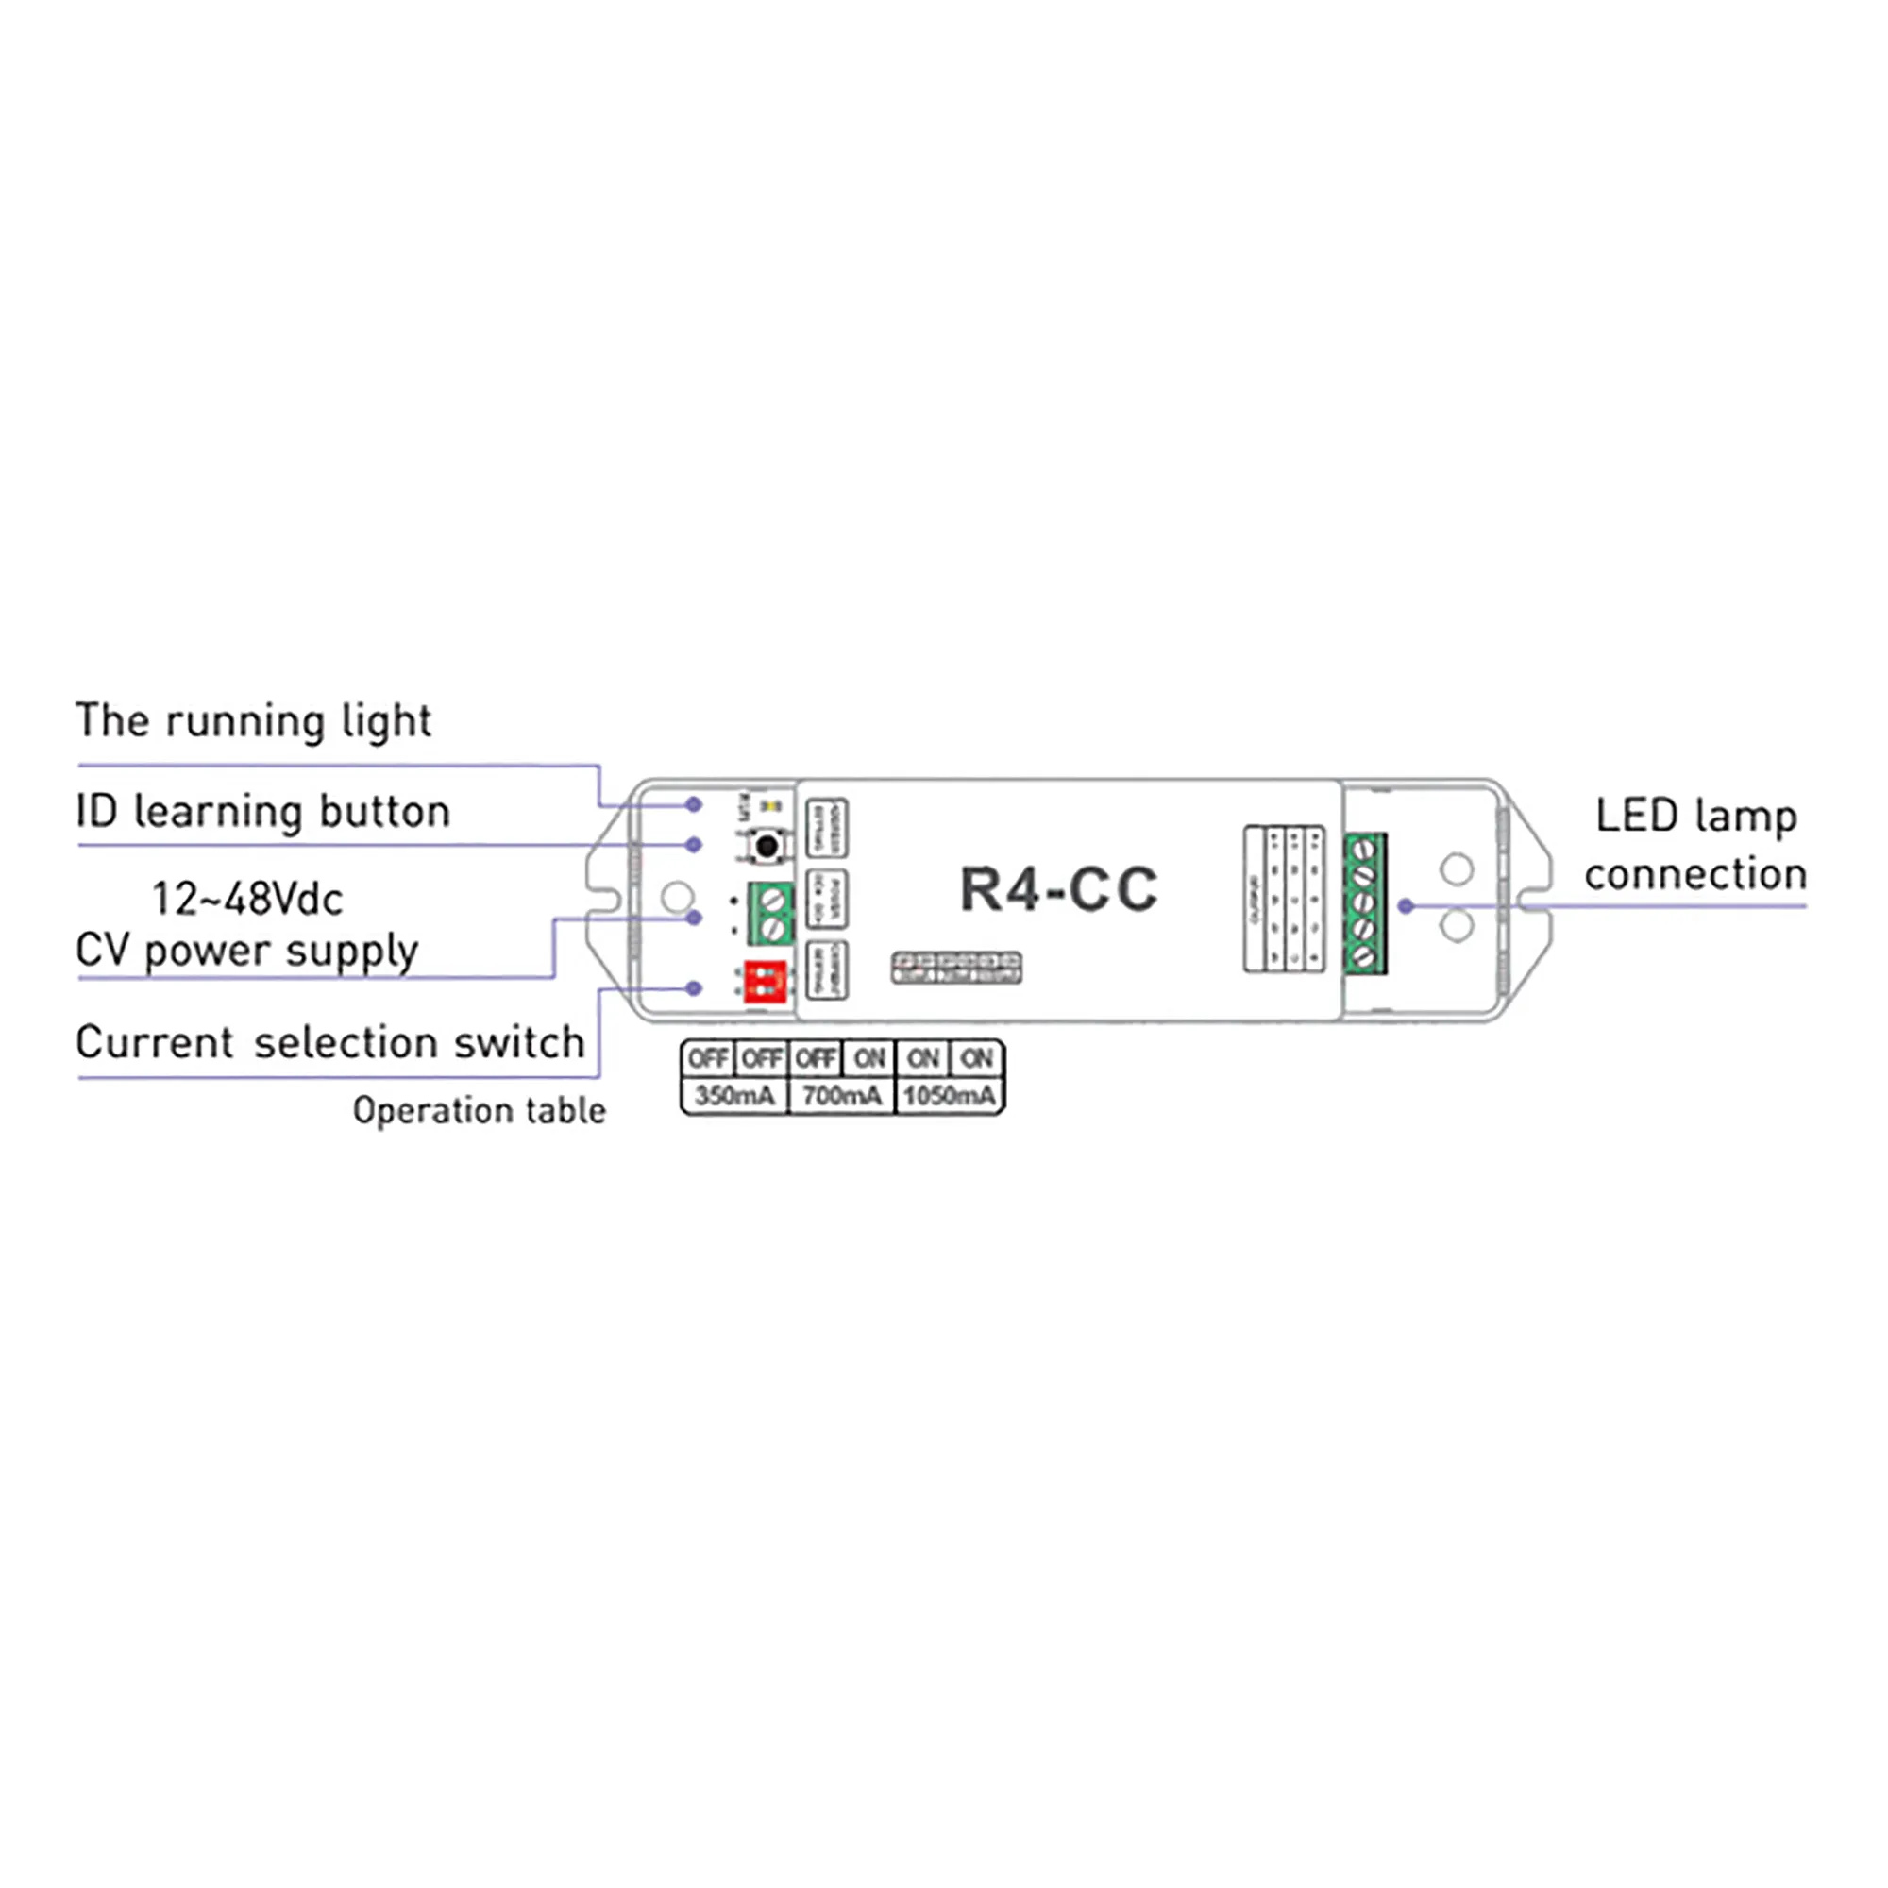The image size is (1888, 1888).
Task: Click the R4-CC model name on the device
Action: (1058, 889)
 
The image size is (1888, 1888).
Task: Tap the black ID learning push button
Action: (767, 845)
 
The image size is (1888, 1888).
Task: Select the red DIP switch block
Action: (766, 981)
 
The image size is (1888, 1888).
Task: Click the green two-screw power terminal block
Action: (771, 913)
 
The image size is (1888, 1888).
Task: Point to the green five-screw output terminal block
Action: (1365, 903)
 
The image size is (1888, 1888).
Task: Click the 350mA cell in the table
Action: (733, 1095)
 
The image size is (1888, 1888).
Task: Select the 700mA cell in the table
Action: (841, 1095)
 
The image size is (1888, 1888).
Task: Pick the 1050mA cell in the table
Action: (950, 1095)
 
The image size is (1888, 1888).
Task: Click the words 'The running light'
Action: (253, 722)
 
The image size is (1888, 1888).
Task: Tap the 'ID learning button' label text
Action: (262, 812)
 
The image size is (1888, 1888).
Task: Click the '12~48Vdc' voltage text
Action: (247, 899)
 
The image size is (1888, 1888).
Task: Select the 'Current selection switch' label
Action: (330, 1043)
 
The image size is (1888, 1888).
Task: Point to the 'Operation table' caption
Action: (479, 1110)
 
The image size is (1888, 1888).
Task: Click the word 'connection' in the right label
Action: (1695, 873)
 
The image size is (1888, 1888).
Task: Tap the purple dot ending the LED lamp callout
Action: (1407, 906)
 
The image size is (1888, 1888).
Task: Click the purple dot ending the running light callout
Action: (694, 804)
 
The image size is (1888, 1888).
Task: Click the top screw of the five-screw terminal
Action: (1365, 851)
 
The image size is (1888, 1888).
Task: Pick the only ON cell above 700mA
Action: (868, 1058)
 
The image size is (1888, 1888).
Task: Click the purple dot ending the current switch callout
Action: (694, 988)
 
